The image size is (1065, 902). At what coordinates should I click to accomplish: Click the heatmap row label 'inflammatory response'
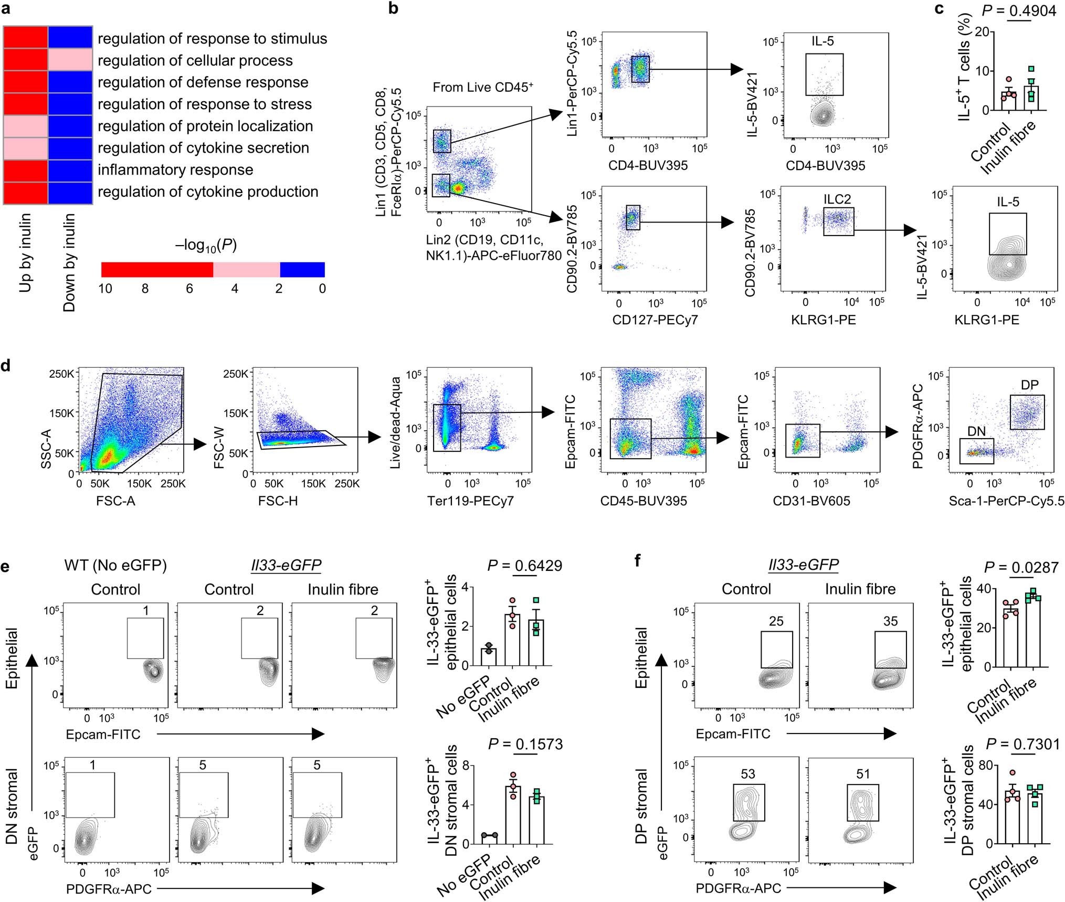coord(175,170)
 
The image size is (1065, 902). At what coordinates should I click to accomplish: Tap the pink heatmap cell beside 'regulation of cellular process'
coord(70,60)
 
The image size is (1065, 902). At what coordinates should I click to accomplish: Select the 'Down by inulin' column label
coord(69,262)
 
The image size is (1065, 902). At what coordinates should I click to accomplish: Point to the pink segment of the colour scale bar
coord(246,270)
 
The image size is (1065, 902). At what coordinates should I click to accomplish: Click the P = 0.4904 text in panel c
coord(1019,11)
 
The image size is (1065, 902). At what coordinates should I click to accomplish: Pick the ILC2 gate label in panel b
coord(837,199)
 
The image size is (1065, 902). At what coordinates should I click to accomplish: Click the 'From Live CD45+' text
coord(482,88)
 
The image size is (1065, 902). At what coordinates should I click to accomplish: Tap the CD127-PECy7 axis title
coord(655,320)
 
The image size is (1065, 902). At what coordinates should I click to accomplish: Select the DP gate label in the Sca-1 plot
coord(1029,385)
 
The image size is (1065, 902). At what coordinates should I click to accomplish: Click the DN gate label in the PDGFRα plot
coord(976,431)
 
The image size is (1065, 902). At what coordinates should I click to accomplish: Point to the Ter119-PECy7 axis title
coord(470,501)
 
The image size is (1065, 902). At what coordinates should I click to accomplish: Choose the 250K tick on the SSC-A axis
coord(61,374)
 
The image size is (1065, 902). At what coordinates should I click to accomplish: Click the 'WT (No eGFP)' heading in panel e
coord(115,565)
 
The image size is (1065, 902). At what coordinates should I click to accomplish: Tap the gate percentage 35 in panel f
coord(890,621)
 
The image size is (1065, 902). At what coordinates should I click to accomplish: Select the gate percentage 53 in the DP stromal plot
coord(747,774)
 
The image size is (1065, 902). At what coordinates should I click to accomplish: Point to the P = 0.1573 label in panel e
coord(525,744)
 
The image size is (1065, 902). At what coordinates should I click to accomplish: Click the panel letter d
coord(6,365)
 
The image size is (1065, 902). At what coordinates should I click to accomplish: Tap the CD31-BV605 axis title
coord(811,501)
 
